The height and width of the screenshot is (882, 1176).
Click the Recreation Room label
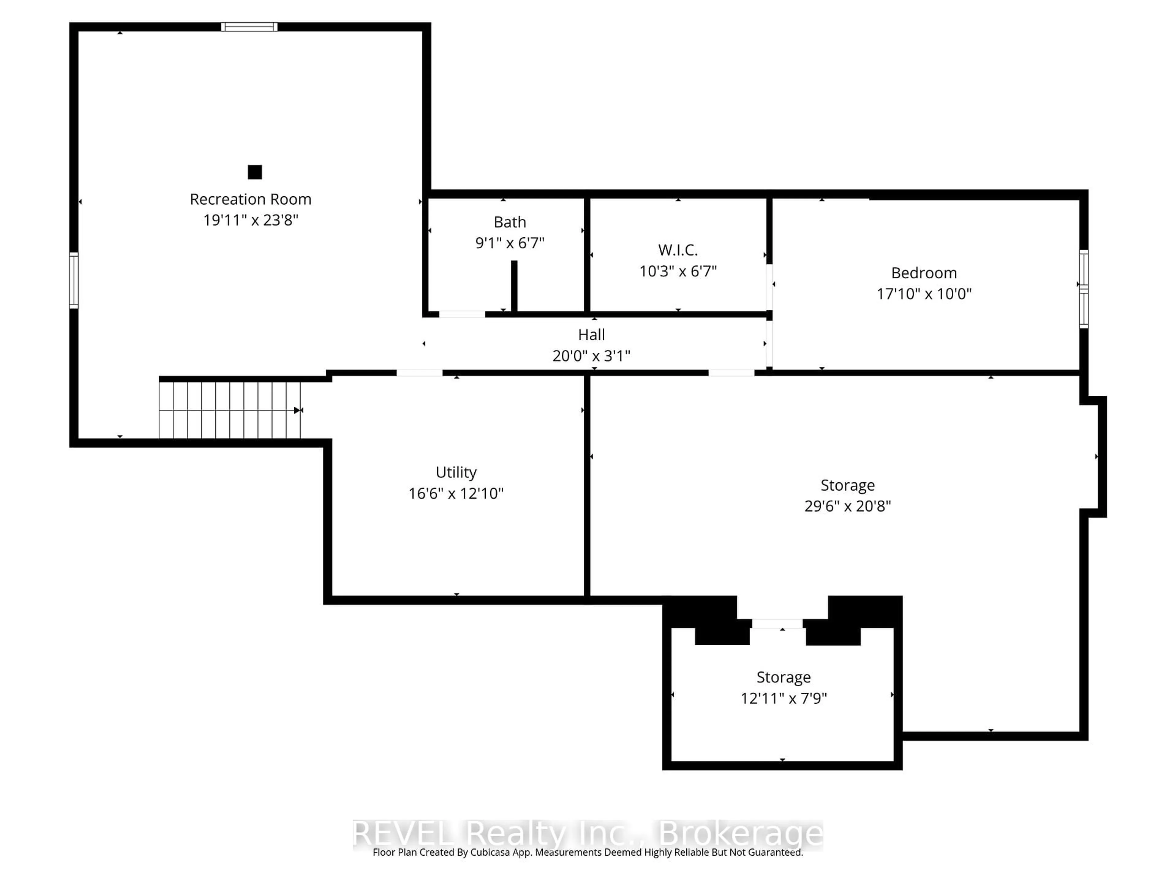(251, 199)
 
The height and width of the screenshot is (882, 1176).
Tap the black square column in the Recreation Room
(255, 172)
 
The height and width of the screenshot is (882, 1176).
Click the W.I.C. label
(677, 250)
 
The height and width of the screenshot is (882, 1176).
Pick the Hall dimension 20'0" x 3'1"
(591, 356)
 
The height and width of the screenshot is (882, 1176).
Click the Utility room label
(456, 472)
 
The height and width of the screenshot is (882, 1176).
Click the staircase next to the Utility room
(230, 410)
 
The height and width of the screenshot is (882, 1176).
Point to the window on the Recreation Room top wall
(249, 27)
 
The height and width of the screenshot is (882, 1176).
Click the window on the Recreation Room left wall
(74, 280)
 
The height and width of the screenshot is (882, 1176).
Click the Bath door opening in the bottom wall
(462, 314)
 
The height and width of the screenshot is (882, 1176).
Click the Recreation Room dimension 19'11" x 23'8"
(251, 220)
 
